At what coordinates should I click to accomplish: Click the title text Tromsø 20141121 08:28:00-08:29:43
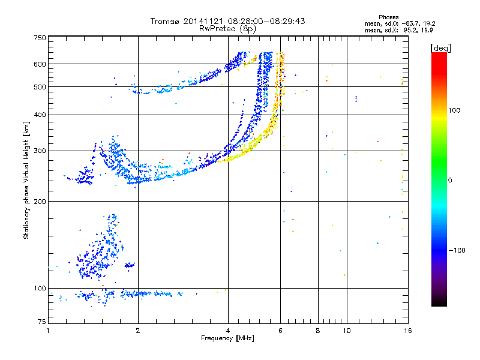[x=227, y=21]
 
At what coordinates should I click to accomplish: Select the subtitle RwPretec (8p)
[x=227, y=28]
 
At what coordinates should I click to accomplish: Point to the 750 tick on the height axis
[x=40, y=38]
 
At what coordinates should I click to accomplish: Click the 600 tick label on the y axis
[x=40, y=64]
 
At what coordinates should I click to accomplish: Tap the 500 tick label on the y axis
[x=40, y=87]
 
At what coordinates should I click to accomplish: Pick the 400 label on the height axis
[x=40, y=115]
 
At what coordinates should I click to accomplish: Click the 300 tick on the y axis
[x=40, y=151]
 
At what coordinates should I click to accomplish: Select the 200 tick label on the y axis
[x=40, y=202]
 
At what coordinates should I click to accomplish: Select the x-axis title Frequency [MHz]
[x=227, y=339]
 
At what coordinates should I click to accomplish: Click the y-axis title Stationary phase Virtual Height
[x=26, y=180]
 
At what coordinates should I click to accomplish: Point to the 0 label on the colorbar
[x=450, y=180]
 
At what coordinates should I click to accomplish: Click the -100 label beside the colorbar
[x=457, y=250]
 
